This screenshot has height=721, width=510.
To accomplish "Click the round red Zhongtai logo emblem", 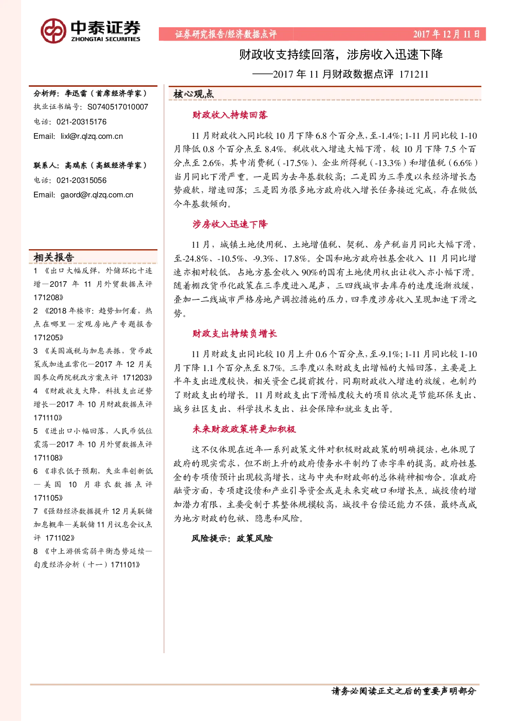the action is [53, 31].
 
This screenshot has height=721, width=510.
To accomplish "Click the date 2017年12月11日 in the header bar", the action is [447, 34].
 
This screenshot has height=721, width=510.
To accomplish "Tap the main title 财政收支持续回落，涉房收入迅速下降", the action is [341, 54].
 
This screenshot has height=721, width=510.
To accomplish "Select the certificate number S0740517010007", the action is [118, 107].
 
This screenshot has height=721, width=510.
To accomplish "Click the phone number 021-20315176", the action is [81, 122].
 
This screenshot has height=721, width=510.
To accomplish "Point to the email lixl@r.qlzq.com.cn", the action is [92, 136].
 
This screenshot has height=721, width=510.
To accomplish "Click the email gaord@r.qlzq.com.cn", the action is [97, 195].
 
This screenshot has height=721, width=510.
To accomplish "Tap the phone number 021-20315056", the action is [81, 180].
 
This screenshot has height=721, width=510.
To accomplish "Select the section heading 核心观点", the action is [193, 94].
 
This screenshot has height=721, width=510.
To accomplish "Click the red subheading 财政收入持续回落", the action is [230, 115].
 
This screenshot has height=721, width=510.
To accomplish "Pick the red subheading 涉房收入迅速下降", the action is [230, 224].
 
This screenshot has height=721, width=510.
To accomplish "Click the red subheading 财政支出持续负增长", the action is [234, 334].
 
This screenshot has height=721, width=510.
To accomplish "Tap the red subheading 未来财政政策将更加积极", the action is [244, 429].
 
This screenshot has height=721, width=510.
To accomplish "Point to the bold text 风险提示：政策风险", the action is [232, 538].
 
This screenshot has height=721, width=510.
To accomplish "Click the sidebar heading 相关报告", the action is [54, 257].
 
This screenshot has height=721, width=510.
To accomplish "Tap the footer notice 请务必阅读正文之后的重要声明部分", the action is [404, 691].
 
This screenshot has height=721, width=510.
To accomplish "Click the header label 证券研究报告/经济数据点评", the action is [226, 34].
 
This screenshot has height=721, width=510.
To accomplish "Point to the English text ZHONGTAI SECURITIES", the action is [105, 39].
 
